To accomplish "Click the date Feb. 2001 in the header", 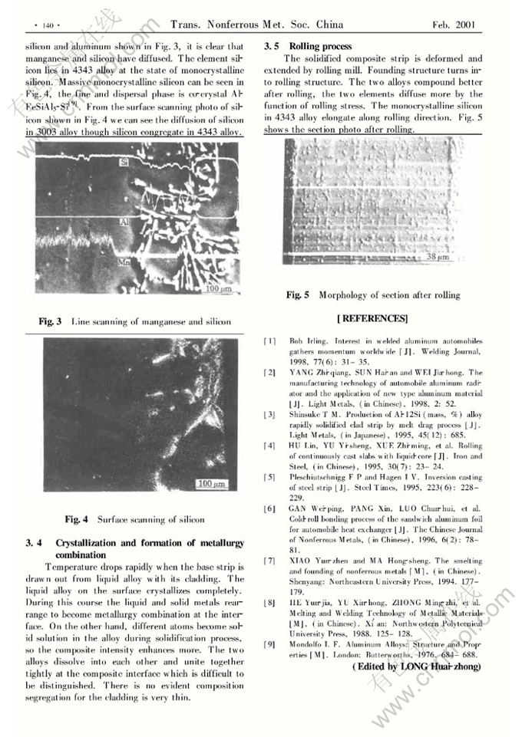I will coord(454,25).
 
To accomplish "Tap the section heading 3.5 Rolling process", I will coord(308,47).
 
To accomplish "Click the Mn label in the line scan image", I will coord(123,263).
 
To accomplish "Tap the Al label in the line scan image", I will coord(123,221).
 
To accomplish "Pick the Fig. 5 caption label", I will coord(298,294).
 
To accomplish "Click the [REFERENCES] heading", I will coord(372,318).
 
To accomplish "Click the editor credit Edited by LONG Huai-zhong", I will coord(416,667).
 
